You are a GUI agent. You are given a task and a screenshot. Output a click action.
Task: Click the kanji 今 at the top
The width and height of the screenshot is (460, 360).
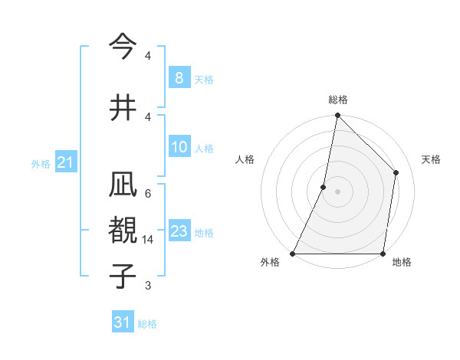point(123,47)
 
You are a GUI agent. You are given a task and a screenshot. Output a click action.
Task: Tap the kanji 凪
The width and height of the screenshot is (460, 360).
point(123,187)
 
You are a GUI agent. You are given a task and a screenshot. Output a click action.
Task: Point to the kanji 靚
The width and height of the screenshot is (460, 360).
point(123,231)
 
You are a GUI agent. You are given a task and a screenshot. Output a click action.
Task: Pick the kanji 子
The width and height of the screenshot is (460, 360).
point(123,275)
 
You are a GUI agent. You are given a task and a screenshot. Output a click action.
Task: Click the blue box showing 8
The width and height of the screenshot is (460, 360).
point(179,78)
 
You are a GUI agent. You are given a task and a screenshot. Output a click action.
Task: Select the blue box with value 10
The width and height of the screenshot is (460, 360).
point(179,147)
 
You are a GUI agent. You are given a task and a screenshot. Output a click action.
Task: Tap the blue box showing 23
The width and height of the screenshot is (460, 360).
point(179,231)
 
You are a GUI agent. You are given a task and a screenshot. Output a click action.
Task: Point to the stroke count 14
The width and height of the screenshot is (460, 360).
point(148,240)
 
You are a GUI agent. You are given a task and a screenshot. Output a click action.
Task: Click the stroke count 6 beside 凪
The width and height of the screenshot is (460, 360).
point(148,193)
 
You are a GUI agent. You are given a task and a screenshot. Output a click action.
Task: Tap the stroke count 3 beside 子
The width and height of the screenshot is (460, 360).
point(148,286)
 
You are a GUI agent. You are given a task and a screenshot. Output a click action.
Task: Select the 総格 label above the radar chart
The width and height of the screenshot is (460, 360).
point(337,100)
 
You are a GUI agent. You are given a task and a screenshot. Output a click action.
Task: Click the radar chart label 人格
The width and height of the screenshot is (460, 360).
point(245,159)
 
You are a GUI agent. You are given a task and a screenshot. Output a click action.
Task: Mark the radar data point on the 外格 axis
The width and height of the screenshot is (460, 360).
point(293,254)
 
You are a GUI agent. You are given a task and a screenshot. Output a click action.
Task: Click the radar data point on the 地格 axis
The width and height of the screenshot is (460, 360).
point(383,254)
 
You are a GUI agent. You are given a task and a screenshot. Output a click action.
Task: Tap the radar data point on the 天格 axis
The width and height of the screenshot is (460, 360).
point(396,172)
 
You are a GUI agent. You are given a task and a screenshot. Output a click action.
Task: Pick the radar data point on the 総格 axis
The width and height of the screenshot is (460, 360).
point(337,115)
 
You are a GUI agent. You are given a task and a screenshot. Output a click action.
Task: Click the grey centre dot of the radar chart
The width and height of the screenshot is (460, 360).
point(337,191)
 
